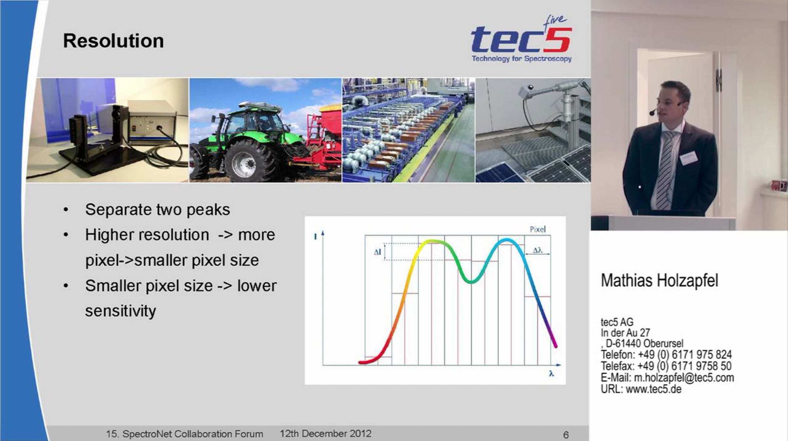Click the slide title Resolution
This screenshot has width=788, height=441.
[x=113, y=41]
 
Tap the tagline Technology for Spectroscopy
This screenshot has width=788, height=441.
[x=522, y=59]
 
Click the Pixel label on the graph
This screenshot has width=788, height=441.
[x=537, y=229]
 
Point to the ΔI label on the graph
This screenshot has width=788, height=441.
[x=378, y=252]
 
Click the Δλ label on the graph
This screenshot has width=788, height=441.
[x=537, y=250]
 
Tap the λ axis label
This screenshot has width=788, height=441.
[x=551, y=373]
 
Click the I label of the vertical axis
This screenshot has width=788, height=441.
[x=316, y=236]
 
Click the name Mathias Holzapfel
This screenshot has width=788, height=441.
[x=659, y=281]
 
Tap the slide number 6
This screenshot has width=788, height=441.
[x=566, y=435]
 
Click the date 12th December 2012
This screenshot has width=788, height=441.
[x=325, y=433]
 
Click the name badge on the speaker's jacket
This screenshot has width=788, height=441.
[x=688, y=158]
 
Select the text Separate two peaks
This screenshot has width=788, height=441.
[x=158, y=210]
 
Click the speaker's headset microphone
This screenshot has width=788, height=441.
[x=653, y=113]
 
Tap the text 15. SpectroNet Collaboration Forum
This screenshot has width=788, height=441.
[x=185, y=434]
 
